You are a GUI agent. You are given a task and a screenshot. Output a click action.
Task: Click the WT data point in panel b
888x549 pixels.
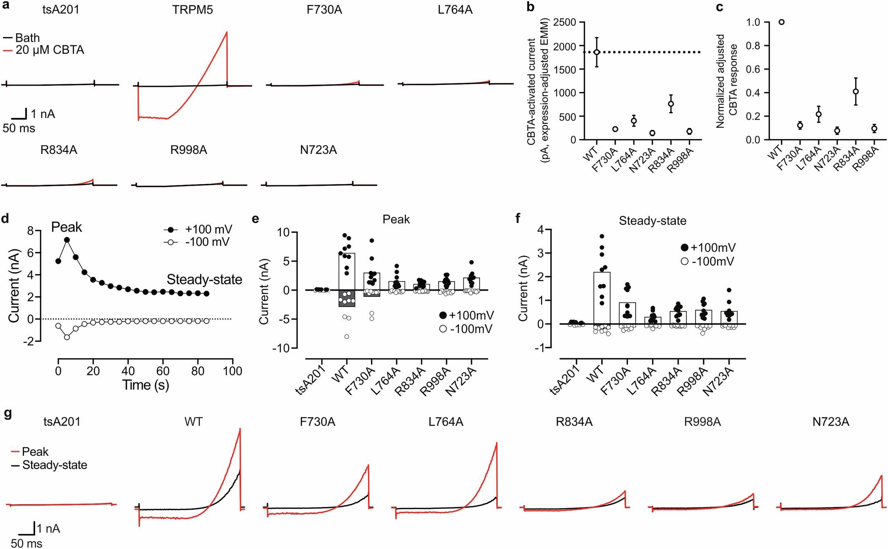coord(597,52)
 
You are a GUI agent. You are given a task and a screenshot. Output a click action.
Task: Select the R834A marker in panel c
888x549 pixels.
coord(856,91)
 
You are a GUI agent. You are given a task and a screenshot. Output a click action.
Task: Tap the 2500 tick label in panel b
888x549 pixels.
coord(564,22)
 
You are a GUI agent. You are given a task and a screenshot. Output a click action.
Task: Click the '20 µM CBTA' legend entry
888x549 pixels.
coord(49,50)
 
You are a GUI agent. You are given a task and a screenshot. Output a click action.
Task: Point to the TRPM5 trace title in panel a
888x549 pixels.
coord(192,10)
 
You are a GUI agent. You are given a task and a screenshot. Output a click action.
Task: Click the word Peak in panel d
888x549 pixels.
coord(66,227)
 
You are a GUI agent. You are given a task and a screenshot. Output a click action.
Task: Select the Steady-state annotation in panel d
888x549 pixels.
coord(204,280)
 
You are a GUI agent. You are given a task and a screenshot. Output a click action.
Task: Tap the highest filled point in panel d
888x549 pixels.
coord(67,240)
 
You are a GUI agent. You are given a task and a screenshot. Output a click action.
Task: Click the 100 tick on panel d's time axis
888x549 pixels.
coord(232,371)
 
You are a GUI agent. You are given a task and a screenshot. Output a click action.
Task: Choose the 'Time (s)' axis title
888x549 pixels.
coord(145,385)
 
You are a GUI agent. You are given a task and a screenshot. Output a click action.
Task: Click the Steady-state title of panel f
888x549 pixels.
coord(652,221)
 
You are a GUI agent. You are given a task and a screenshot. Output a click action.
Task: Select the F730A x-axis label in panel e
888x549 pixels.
coord(360,381)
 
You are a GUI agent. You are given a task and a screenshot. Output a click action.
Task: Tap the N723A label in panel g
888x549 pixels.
coord(831,422)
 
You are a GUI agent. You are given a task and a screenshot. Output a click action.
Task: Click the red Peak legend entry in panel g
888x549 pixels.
coord(34,452)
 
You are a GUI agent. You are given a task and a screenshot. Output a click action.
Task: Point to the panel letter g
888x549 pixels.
coord(7,413)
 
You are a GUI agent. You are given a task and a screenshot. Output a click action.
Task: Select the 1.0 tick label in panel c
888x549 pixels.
coord(753,22)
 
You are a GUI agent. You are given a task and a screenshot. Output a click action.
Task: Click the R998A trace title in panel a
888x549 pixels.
coord(189,150)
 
